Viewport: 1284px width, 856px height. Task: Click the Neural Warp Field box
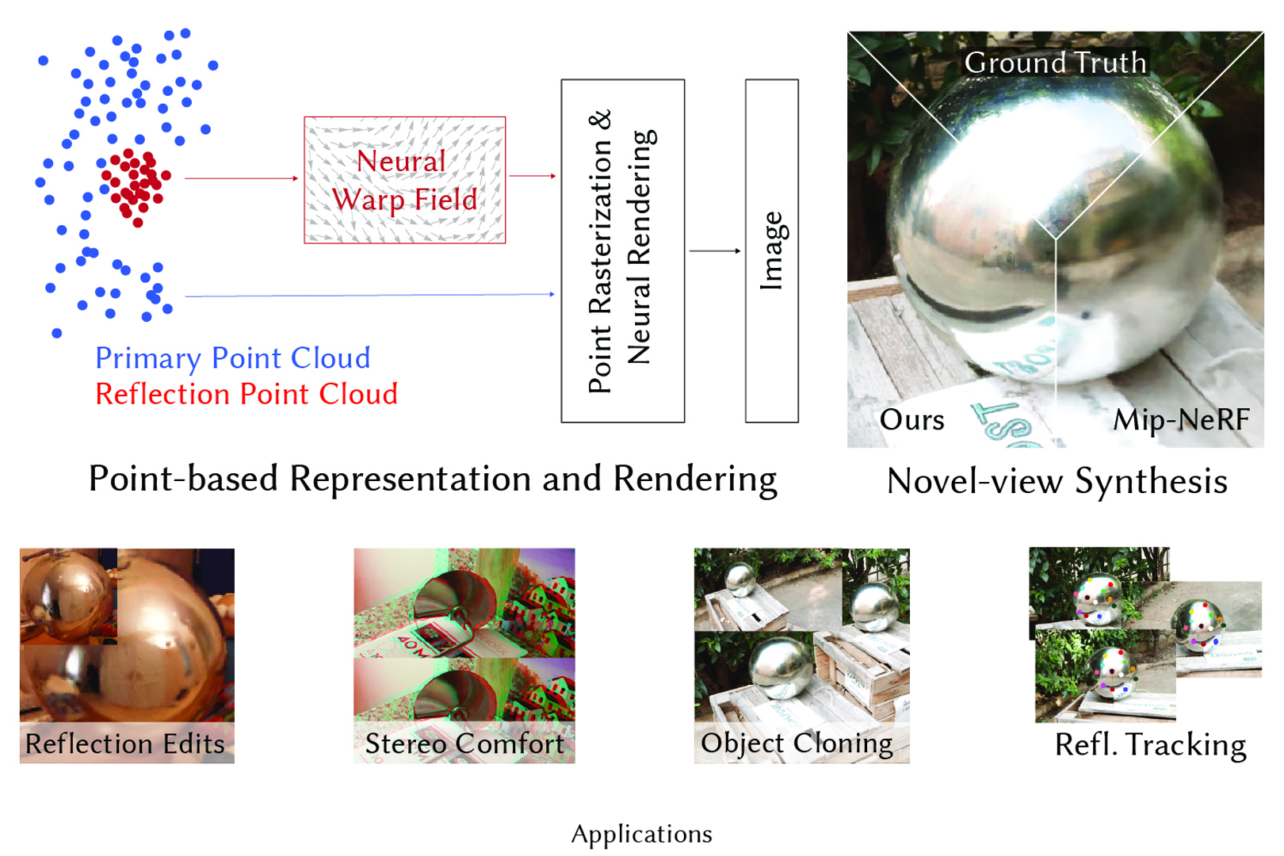[404, 180]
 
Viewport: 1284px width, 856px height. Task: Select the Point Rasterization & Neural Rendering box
[622, 250]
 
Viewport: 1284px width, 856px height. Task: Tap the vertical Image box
[771, 250]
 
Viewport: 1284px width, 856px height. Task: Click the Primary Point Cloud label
[232, 358]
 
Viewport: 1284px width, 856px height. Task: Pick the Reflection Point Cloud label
[246, 394]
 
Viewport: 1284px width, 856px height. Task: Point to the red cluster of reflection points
[135, 184]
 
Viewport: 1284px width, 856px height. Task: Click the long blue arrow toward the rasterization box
[369, 295]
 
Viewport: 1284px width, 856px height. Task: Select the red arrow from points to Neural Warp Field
[241, 178]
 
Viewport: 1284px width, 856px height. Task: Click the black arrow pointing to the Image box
[714, 250]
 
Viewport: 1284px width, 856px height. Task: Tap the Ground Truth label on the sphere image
[1055, 63]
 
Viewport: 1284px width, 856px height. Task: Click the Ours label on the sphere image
[911, 419]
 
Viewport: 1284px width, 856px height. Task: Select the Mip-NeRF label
[1181, 419]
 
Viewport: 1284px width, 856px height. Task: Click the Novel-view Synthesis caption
[1057, 481]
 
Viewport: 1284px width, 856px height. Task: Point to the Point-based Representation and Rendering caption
[433, 479]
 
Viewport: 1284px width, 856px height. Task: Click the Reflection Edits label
[125, 743]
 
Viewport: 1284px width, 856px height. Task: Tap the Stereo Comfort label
[464, 743]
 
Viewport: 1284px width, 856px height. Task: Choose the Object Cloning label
[797, 743]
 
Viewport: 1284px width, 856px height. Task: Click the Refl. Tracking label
[1150, 745]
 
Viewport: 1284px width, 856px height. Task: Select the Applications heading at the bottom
[641, 834]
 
